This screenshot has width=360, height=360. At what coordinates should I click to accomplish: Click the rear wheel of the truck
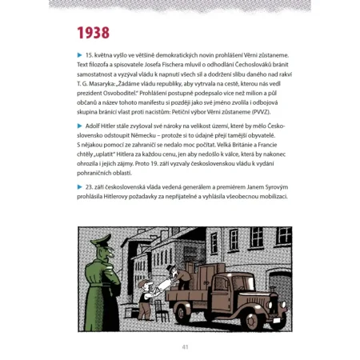tap(179, 312)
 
